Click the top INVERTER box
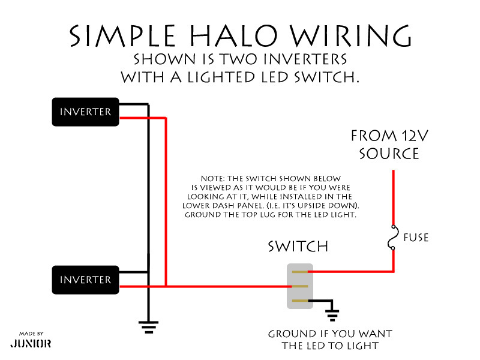tap(85, 112)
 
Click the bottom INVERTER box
tap(85, 280)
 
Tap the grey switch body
tap(300, 286)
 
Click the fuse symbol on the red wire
tap(394, 238)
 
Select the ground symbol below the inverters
tap(149, 327)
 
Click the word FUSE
tap(416, 238)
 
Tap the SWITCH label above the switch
tap(298, 247)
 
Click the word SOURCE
tap(389, 154)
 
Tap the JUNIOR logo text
tap(31, 344)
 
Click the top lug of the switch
tap(300, 272)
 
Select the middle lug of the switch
tap(300, 286)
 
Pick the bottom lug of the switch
tap(300, 300)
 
